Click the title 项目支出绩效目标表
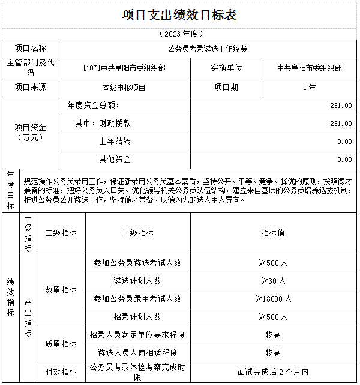pyautogui.click(x=179, y=15)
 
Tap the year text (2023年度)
pyautogui.click(x=179, y=34)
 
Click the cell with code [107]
pyautogui.click(x=124, y=68)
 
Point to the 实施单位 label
pyautogui.click(x=226, y=68)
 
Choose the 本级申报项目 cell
pyautogui.click(x=124, y=88)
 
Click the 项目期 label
pyautogui.click(x=226, y=87)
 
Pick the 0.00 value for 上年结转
pyautogui.click(x=344, y=142)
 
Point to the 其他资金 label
pyautogui.click(x=115, y=160)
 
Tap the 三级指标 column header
pyautogui.click(x=137, y=233)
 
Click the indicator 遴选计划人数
pyautogui.click(x=137, y=281)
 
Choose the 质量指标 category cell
pyautogui.click(x=61, y=344)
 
